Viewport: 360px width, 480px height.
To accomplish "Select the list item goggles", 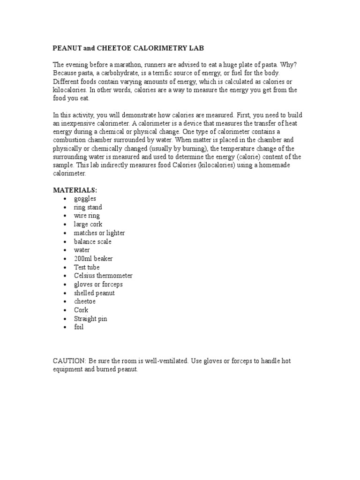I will tap(85, 199).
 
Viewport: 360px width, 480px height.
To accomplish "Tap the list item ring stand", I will tap(88, 207).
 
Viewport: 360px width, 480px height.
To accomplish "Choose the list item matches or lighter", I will tap(99, 233).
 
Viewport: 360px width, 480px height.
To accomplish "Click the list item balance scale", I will tap(93, 241).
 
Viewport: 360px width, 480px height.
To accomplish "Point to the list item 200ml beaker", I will tap(93, 259).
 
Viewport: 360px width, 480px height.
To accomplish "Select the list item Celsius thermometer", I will tap(103, 276).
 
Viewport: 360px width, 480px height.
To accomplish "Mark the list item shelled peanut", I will tap(94, 293).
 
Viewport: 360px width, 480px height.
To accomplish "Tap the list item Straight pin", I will tap(90, 319).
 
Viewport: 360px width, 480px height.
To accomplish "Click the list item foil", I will tap(78, 327).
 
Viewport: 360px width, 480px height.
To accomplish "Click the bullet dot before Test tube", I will tap(64, 268).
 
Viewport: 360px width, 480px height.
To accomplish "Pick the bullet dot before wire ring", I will tap(64, 216).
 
